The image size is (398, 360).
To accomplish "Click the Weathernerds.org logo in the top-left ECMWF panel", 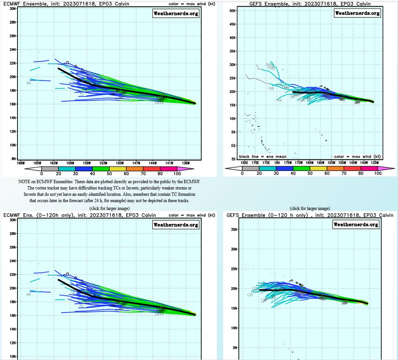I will [176, 14].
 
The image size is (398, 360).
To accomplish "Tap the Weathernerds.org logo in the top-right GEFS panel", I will [357, 13].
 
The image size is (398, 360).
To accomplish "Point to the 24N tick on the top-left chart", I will [13, 49].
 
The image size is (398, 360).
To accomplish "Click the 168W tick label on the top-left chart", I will [21, 163].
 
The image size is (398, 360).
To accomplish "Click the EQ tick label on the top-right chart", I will [233, 146].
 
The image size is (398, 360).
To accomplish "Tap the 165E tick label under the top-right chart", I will [244, 162].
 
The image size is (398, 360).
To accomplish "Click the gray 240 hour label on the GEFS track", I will [269, 65].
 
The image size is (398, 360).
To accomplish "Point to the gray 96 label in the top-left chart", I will [28, 83].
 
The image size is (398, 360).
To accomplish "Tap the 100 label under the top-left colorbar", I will [177, 174].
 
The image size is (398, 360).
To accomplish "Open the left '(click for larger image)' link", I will [109, 208].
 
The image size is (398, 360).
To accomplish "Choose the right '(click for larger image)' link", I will [310, 208].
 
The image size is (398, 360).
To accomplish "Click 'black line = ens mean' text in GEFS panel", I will [261, 157].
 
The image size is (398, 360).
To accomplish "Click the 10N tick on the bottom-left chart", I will [13, 357].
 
